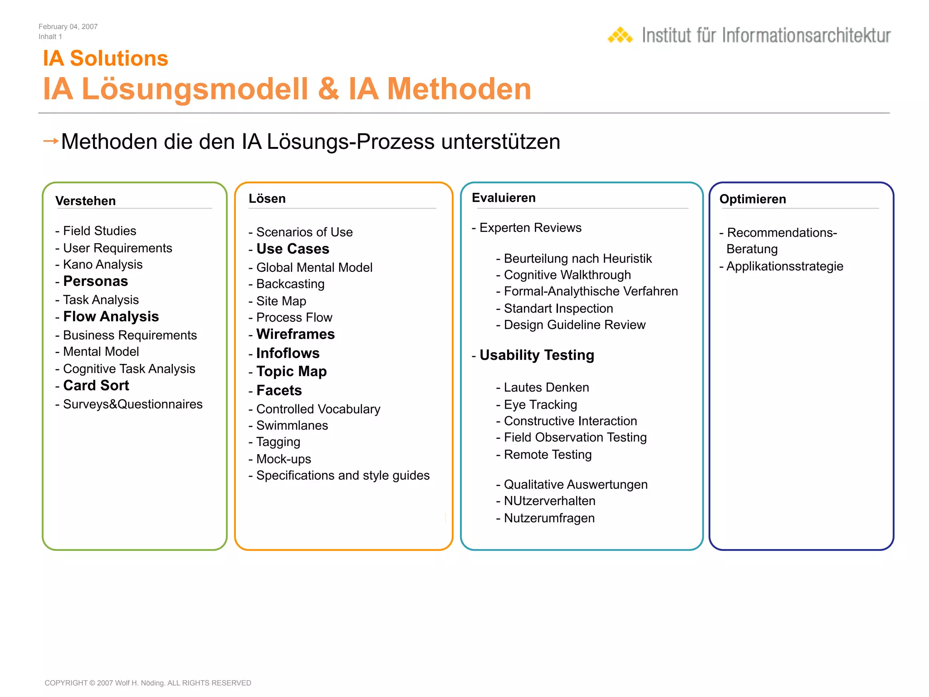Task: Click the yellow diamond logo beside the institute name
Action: tap(620, 35)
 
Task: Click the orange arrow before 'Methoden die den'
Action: tap(51, 141)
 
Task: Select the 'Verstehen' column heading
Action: tap(85, 201)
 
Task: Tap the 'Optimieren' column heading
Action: tap(753, 199)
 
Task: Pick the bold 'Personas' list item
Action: tap(95, 281)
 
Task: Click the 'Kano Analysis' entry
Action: tap(103, 265)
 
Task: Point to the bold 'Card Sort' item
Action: tap(96, 385)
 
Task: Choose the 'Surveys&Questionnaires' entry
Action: tap(132, 404)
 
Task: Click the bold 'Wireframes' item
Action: tap(295, 334)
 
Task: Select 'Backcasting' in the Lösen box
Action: tap(290, 284)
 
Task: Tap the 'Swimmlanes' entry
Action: tap(292, 426)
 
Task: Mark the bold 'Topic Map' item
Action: tap(291, 372)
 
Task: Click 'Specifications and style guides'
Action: tap(343, 476)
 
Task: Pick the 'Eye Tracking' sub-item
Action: tap(540, 405)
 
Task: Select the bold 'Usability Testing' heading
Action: tap(537, 355)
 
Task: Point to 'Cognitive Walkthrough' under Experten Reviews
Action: tap(567, 275)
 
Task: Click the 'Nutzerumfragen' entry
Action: tap(549, 518)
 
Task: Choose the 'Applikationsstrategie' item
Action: tap(785, 266)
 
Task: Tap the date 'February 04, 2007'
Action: tap(68, 27)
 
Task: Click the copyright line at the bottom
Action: tap(148, 683)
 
